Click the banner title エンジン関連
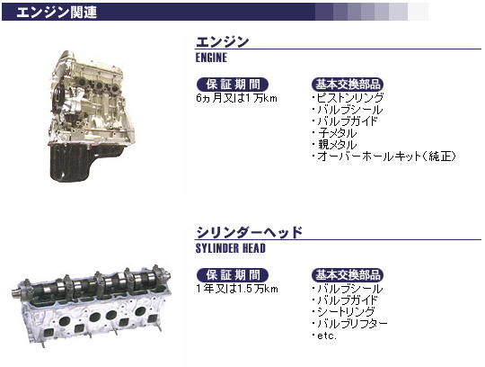[57, 12]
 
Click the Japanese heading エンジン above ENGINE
[222, 41]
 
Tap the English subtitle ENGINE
[211, 58]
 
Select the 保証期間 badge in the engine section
[233, 85]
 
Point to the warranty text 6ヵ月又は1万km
[236, 98]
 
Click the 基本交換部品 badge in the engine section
[348, 85]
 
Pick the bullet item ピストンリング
[348, 97]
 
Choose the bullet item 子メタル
[335, 133]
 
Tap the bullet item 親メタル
[335, 145]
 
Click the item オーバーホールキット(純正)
[384, 157]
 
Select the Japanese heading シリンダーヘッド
[249, 232]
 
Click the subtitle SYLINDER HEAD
[231, 248]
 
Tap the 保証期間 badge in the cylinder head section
[233, 275]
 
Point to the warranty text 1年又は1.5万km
[237, 289]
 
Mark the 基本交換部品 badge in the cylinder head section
[348, 275]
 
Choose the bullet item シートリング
[344, 312]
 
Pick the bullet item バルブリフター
[350, 324]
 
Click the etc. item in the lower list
[325, 336]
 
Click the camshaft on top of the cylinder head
[92, 283]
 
